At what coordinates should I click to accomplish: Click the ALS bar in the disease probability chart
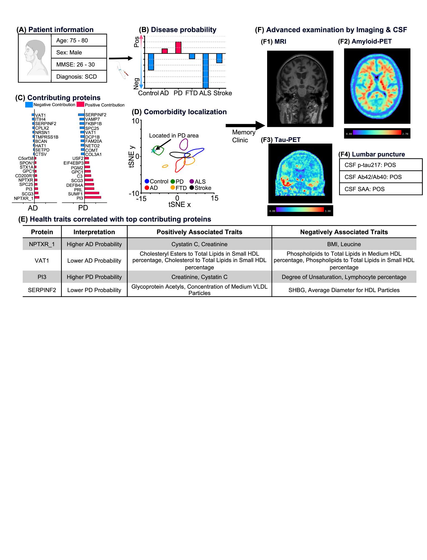pos(206,71)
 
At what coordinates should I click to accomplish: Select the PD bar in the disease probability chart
pos(178,48)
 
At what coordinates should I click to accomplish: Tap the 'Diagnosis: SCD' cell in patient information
pos(79,76)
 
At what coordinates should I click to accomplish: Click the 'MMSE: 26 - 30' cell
pos(79,64)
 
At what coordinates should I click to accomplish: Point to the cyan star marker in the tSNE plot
pos(153,151)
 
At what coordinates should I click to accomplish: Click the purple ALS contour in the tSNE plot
pos(183,144)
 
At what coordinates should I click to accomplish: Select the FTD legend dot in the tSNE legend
pos(173,188)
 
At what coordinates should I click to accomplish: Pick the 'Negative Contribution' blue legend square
pos(29,105)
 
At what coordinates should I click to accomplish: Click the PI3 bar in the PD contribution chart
pos(93,198)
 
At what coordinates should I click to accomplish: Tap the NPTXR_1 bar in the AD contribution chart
pos(37,198)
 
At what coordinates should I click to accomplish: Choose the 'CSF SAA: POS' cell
pos(381,189)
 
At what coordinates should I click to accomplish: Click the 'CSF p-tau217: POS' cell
pos(381,165)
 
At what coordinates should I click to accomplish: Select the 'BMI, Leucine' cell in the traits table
pos(344,244)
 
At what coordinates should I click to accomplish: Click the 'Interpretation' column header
pos(94,232)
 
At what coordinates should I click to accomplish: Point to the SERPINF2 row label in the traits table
pos(42,290)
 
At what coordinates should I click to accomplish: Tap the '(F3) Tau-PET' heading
pos(281,140)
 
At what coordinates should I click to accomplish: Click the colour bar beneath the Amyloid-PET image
pos(377,132)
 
